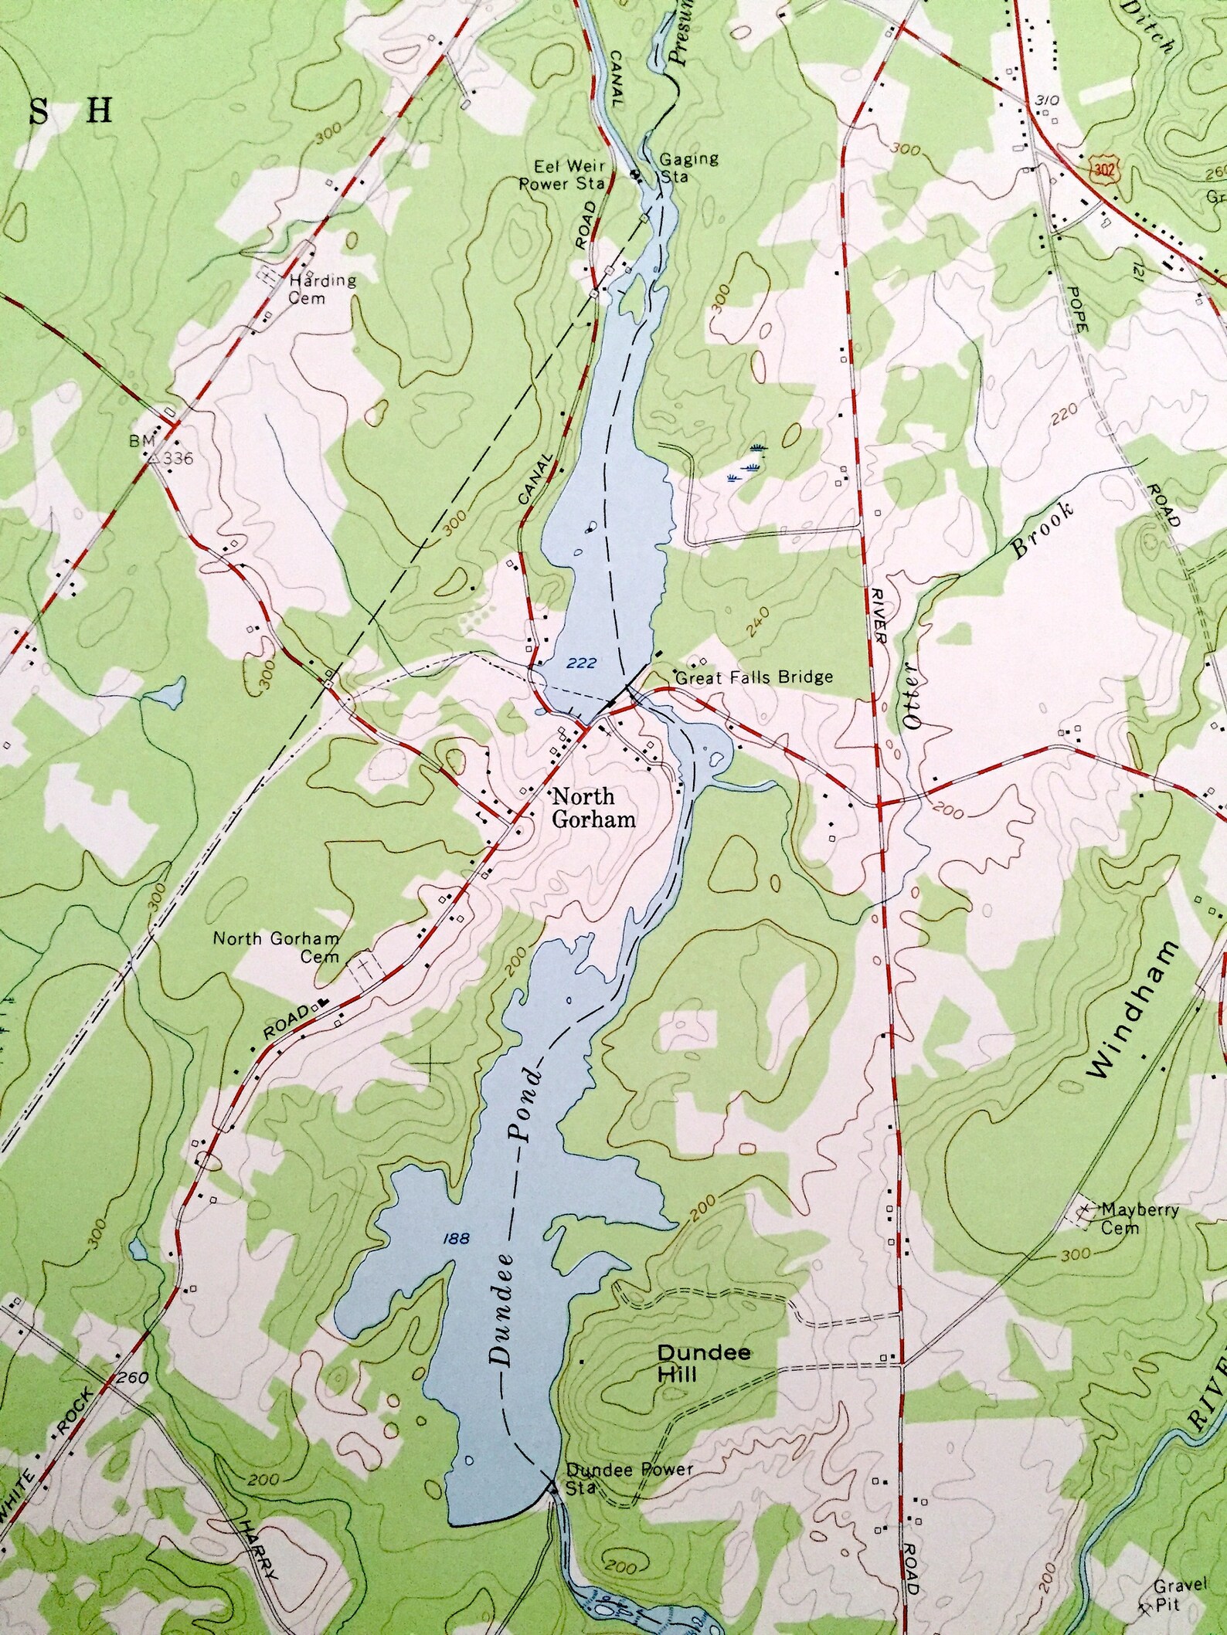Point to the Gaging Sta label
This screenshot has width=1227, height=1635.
point(688,167)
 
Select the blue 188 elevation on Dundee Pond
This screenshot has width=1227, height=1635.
point(457,1238)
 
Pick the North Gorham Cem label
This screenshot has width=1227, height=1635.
point(276,947)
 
